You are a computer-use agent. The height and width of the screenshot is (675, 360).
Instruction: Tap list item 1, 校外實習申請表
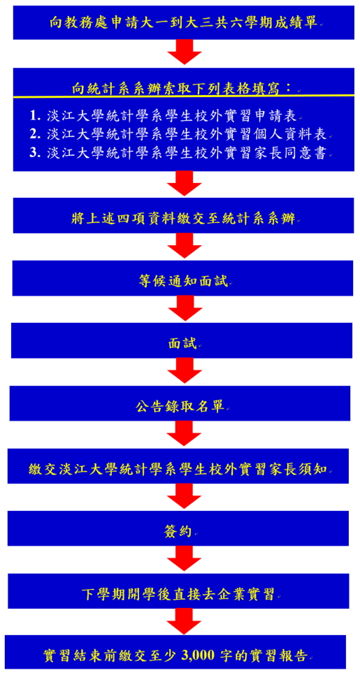166,116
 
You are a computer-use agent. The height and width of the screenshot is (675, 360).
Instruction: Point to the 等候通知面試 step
182,278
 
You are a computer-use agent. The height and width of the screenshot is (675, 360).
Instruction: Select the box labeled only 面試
182,340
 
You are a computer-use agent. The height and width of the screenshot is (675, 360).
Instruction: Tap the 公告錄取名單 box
180,403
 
